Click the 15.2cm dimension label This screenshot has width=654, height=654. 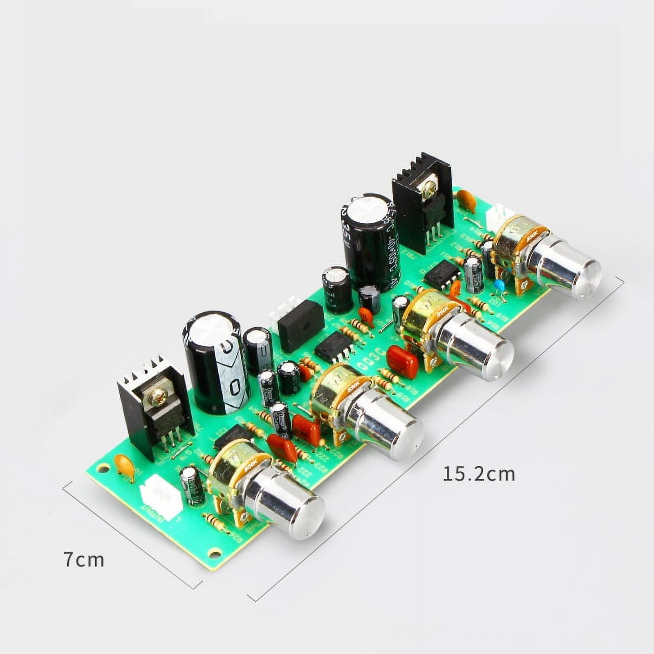click(x=479, y=474)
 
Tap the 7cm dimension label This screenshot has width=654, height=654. click(x=84, y=560)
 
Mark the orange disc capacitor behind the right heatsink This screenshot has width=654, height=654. click(x=466, y=200)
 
